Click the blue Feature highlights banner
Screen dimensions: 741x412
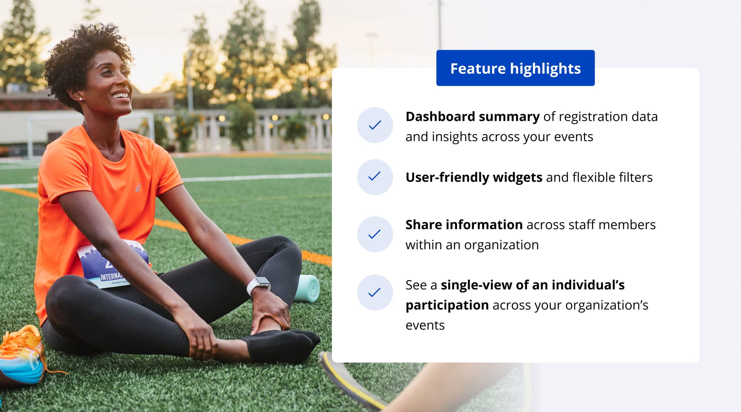coord(515,68)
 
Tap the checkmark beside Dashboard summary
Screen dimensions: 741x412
coord(375,125)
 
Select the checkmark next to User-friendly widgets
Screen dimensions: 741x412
coord(374,176)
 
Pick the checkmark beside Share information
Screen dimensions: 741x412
coord(374,234)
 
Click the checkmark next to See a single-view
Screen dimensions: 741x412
coord(374,292)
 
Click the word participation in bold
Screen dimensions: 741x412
coord(447,306)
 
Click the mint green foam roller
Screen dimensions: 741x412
coord(307,288)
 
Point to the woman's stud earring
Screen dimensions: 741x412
coord(80,99)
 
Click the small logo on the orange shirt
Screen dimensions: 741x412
coord(138,187)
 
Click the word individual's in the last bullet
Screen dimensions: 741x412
coord(588,285)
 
